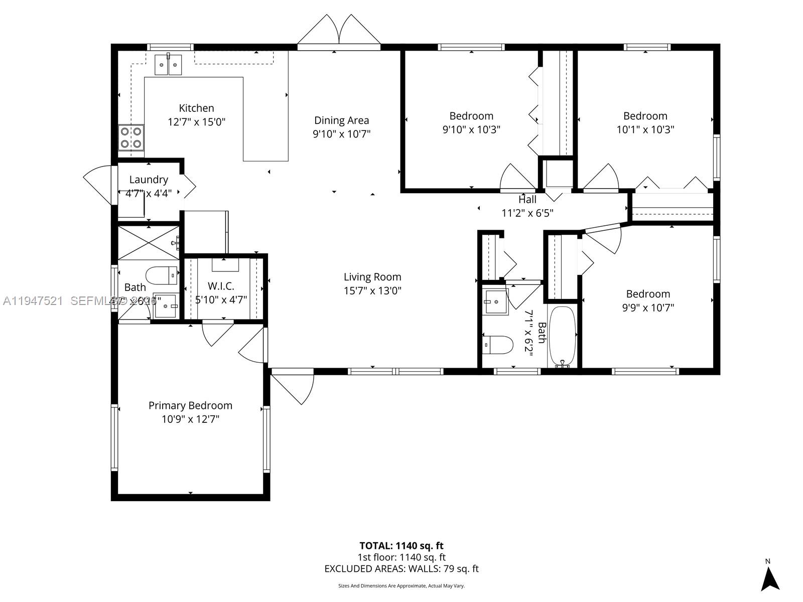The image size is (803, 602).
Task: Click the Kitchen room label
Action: (x=196, y=108)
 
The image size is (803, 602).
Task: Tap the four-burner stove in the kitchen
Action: (x=130, y=138)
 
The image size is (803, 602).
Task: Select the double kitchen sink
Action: (x=168, y=65)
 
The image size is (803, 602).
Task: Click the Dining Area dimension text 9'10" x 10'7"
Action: (x=341, y=134)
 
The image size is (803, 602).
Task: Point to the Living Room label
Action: (x=372, y=277)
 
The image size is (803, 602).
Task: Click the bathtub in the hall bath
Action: (x=562, y=336)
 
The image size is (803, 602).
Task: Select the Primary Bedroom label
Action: (x=190, y=405)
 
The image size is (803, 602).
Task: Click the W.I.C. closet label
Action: (x=221, y=286)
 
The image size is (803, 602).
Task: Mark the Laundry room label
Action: (x=149, y=180)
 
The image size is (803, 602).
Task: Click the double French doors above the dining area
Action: (x=339, y=31)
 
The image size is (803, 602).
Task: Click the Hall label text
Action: (x=527, y=200)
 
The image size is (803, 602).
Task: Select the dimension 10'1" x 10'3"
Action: (x=645, y=129)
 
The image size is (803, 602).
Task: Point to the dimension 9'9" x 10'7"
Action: (x=648, y=308)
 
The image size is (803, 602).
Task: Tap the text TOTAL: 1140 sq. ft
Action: (x=401, y=546)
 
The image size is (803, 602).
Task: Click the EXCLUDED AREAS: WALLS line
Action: (x=401, y=569)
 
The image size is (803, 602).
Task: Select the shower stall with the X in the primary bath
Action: (x=149, y=243)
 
